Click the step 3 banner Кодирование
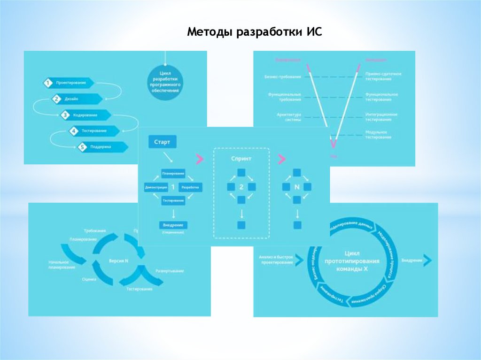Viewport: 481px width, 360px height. pyautogui.click(x=85, y=115)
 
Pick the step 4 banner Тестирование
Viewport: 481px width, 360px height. pyautogui.click(x=93, y=131)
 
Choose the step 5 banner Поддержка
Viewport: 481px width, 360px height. pyautogui.click(x=102, y=147)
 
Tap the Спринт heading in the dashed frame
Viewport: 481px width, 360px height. pyautogui.click(x=241, y=159)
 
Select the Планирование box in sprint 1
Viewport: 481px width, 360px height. pyautogui.click(x=173, y=174)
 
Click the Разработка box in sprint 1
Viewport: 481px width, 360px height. pyautogui.click(x=191, y=187)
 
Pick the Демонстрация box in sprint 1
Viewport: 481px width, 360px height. pyautogui.click(x=156, y=187)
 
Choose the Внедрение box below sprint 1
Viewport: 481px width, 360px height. pyautogui.click(x=173, y=225)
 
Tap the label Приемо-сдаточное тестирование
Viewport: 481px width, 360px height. pyautogui.click(x=383, y=77)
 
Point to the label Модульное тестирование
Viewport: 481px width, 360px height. pyautogui.click(x=379, y=135)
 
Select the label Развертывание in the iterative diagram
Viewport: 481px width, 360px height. pyautogui.click(x=169, y=271)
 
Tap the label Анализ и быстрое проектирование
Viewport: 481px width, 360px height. pyautogui.click(x=276, y=260)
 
